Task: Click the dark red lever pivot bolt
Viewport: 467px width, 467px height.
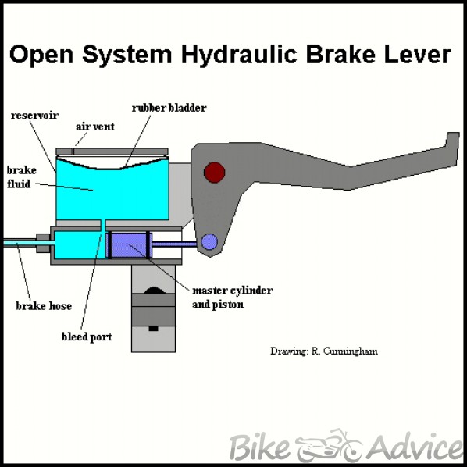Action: tap(214, 172)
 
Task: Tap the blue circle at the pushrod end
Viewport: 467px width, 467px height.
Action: tap(209, 241)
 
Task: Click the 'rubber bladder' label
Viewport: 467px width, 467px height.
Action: tap(169, 108)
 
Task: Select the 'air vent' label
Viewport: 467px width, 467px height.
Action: tap(95, 127)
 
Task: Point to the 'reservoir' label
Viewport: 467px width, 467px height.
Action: tap(34, 116)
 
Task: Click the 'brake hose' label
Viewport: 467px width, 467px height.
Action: tap(44, 306)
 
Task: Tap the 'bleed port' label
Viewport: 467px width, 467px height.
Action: tap(87, 337)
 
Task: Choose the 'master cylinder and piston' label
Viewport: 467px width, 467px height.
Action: tap(232, 298)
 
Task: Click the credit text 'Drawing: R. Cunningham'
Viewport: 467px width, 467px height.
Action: tap(324, 351)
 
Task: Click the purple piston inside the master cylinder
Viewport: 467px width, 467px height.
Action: tap(129, 245)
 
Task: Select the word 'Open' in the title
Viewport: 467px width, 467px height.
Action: tap(41, 55)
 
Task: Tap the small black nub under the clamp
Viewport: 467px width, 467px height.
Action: tap(153, 329)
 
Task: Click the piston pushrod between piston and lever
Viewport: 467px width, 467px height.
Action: tap(174, 244)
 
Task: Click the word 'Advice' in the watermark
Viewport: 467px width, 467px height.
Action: tap(414, 446)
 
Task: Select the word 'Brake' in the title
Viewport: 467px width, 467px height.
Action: tap(340, 55)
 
